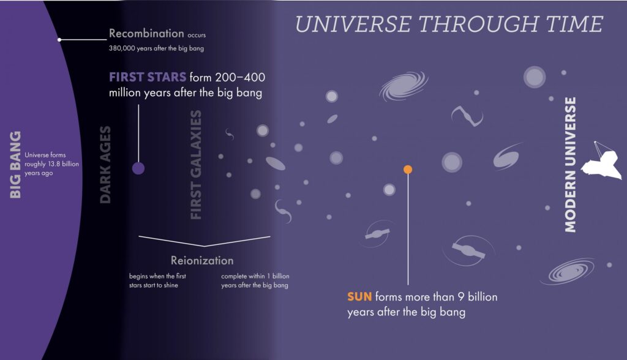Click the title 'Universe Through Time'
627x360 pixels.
coord(449,24)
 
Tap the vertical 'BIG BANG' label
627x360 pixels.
coord(16,163)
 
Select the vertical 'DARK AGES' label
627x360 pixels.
coord(105,164)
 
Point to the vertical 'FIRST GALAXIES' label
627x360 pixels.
coord(196,165)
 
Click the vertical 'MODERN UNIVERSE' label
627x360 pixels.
coord(571,164)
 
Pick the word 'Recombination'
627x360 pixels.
coord(146,33)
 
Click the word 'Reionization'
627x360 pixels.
coord(202,260)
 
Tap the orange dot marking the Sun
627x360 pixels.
coord(408,169)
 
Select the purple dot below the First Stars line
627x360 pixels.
coord(138,168)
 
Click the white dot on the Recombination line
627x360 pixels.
coord(59,40)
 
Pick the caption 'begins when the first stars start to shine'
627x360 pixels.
coord(157,280)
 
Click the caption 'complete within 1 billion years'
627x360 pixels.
coord(254,280)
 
